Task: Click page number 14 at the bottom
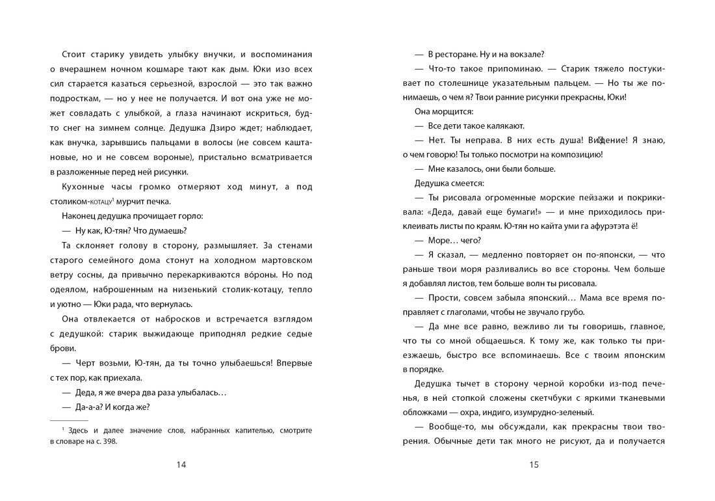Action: pos(181,465)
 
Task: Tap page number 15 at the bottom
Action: pos(534,465)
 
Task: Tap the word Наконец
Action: pos(83,216)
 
